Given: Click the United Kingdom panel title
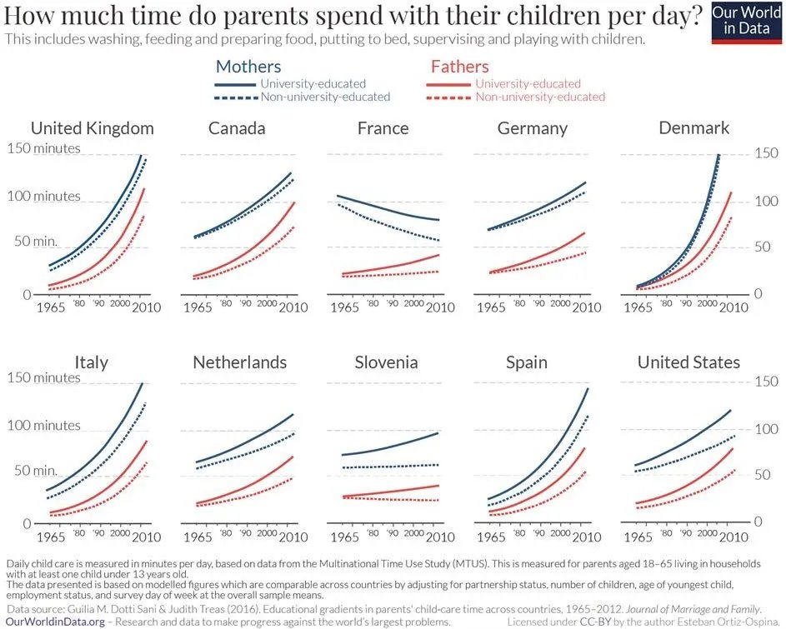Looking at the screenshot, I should [x=92, y=128].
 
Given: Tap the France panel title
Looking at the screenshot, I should [x=383, y=128].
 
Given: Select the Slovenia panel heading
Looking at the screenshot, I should [x=386, y=362].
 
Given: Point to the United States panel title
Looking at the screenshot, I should [x=688, y=362].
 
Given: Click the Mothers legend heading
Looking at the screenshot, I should [x=248, y=67].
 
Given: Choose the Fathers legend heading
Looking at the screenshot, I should [x=459, y=67].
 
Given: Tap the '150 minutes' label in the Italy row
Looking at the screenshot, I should [x=44, y=377].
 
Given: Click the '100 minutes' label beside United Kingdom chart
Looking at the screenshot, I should [x=44, y=197].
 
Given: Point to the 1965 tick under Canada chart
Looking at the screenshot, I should [x=197, y=307].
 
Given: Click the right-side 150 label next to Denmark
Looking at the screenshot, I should [x=767, y=153].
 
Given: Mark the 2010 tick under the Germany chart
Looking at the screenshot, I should [x=586, y=307].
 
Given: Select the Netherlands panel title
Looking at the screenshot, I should [x=239, y=362].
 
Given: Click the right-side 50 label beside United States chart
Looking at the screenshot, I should [x=763, y=475].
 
